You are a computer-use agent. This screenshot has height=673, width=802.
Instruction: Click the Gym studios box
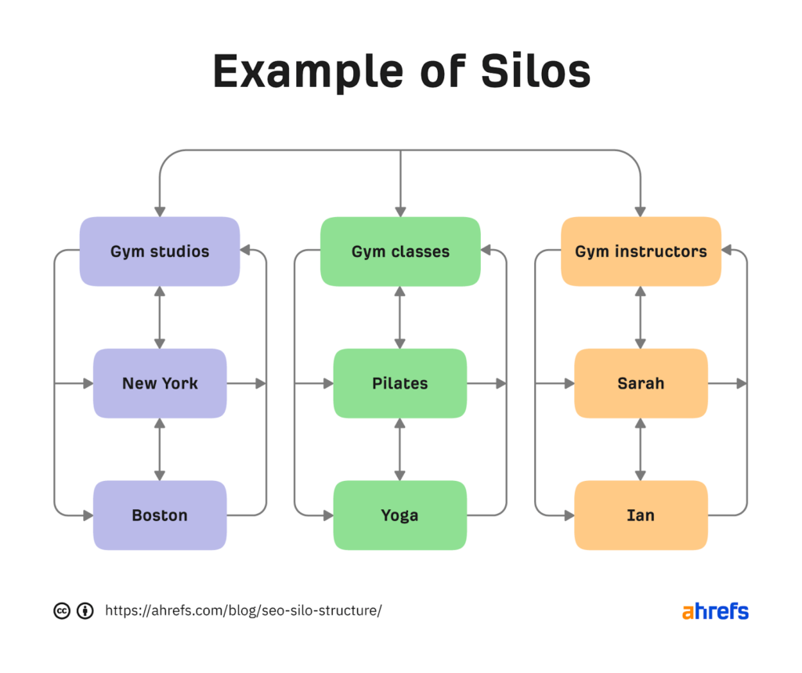point(160,251)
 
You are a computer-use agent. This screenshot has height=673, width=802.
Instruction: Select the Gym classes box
point(400,251)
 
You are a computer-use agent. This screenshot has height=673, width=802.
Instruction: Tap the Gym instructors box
point(641,251)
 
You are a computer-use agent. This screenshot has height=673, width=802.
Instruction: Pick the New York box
point(160,383)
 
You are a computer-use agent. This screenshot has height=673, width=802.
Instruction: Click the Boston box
point(160,515)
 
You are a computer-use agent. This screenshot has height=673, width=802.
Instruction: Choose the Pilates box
point(400,383)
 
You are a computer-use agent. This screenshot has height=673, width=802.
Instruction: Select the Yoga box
point(400,515)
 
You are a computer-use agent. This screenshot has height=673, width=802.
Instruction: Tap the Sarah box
point(641,383)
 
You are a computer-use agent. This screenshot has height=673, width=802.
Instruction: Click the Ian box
point(641,515)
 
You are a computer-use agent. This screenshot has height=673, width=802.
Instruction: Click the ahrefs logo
point(715,611)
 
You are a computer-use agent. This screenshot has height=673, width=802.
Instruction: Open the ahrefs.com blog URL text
point(244,611)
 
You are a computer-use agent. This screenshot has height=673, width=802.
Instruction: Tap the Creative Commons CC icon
point(62,611)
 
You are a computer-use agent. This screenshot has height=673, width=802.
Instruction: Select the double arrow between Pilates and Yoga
point(400,449)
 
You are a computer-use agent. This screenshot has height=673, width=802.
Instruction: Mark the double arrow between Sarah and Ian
point(641,449)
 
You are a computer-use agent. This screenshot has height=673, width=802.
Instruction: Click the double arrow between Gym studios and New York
point(160,317)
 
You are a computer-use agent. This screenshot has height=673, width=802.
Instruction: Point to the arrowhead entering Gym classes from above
point(400,211)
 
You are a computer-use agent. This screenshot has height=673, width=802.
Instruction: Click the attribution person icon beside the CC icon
point(85,611)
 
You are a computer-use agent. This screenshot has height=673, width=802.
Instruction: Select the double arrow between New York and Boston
point(160,449)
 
